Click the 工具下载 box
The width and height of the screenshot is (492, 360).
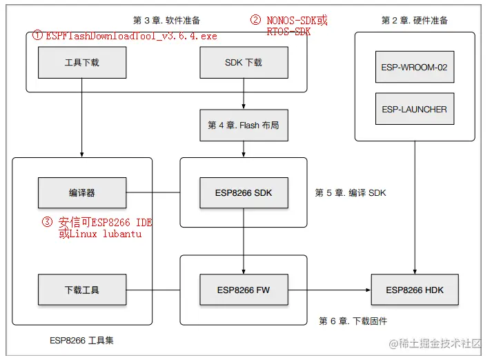(x=82, y=63)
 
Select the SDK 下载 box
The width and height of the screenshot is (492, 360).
(x=244, y=63)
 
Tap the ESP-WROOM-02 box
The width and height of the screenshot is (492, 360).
(x=415, y=68)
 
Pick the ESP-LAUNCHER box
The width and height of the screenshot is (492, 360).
(x=415, y=109)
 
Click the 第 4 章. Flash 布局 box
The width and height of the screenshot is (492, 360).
(x=244, y=126)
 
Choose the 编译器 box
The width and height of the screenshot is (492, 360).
(x=82, y=193)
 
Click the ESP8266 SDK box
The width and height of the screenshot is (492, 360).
(x=244, y=193)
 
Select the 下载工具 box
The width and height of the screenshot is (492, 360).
(x=82, y=290)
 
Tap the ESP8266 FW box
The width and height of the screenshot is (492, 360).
(x=244, y=290)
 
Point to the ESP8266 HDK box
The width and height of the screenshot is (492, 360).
(x=415, y=290)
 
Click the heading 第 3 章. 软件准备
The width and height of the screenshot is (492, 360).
(x=167, y=21)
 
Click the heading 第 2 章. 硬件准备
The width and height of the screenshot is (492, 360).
(x=415, y=21)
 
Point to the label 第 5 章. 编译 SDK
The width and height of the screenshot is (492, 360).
(x=350, y=193)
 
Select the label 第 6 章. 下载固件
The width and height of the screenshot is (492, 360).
(x=353, y=321)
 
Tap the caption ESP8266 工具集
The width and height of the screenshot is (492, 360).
(x=82, y=340)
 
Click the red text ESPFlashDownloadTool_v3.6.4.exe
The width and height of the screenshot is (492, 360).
(x=131, y=36)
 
